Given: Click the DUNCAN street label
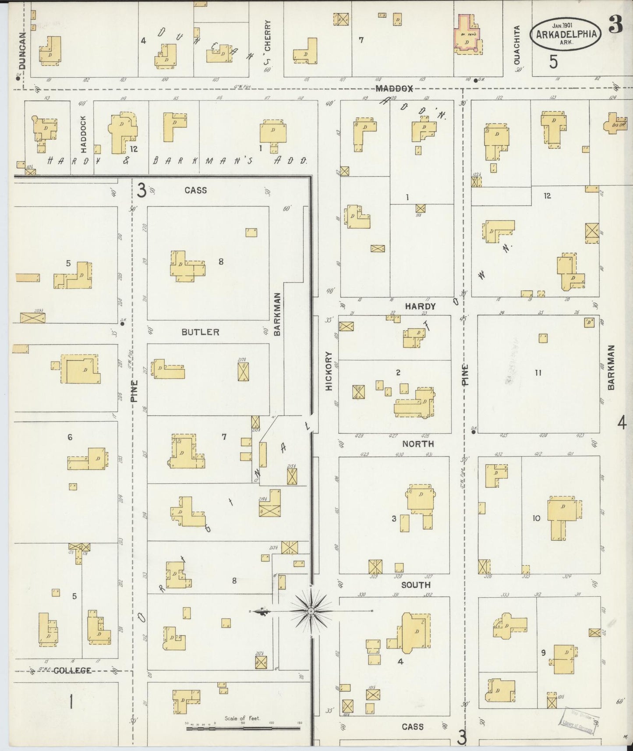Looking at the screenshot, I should click(x=23, y=51).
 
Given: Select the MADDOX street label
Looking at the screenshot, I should click(x=394, y=89).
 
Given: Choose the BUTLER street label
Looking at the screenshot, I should click(x=200, y=332).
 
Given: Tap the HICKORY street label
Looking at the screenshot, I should click(x=329, y=371).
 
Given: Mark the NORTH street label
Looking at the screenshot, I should click(x=418, y=444).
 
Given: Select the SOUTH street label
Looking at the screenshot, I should click(x=416, y=585).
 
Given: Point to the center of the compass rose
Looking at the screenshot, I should click(x=311, y=611).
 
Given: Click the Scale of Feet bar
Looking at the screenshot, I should click(x=243, y=729).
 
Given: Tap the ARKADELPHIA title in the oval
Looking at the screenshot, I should click(x=566, y=34).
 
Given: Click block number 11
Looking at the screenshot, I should click(x=538, y=373).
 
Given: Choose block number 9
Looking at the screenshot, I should click(x=543, y=653).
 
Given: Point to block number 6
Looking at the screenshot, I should click(x=70, y=437).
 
